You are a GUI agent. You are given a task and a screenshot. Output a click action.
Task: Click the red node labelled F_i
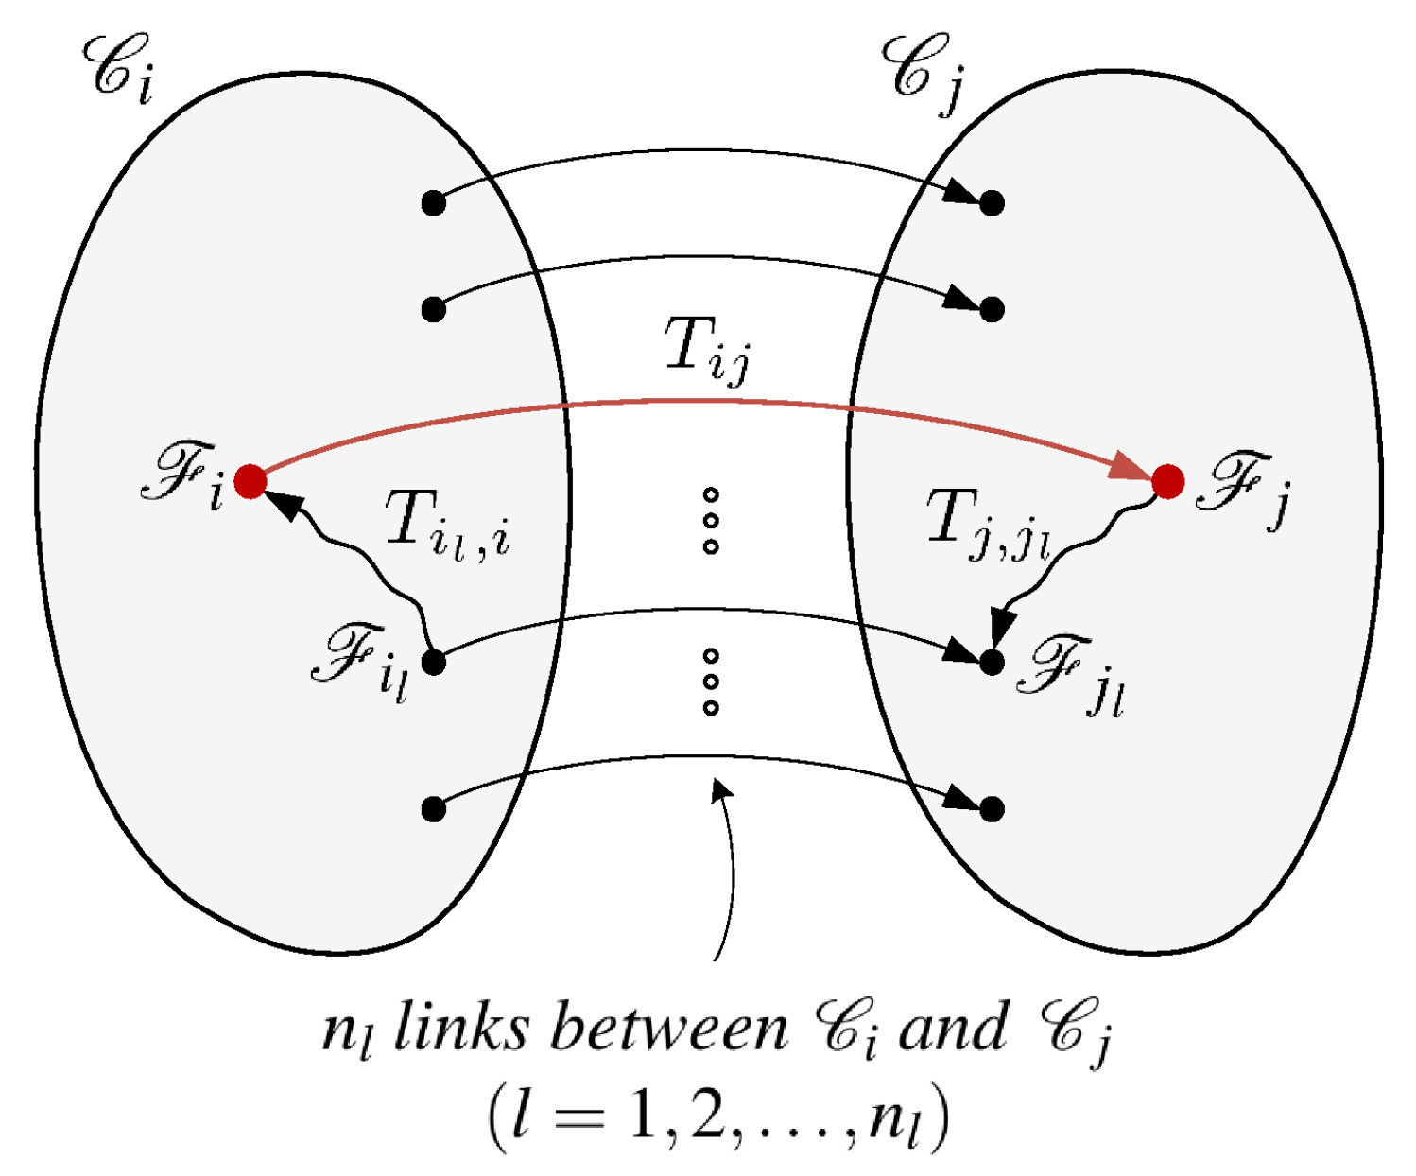coord(250,481)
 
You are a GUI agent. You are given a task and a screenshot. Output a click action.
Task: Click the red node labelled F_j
coord(1168,481)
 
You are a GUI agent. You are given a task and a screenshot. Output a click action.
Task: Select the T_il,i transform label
coord(447,525)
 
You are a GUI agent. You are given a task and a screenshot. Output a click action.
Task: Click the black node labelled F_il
coord(433,663)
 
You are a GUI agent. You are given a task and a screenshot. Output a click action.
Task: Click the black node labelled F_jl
coord(992,663)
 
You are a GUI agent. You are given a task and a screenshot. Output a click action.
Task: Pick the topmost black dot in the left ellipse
coord(433,202)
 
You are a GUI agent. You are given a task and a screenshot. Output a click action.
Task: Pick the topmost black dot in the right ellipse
coord(992,202)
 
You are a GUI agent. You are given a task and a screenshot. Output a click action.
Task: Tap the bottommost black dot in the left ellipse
coord(433,809)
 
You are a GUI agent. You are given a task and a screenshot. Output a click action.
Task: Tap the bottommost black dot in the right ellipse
coord(992,809)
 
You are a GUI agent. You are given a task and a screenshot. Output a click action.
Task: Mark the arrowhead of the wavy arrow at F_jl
coord(1001,626)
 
